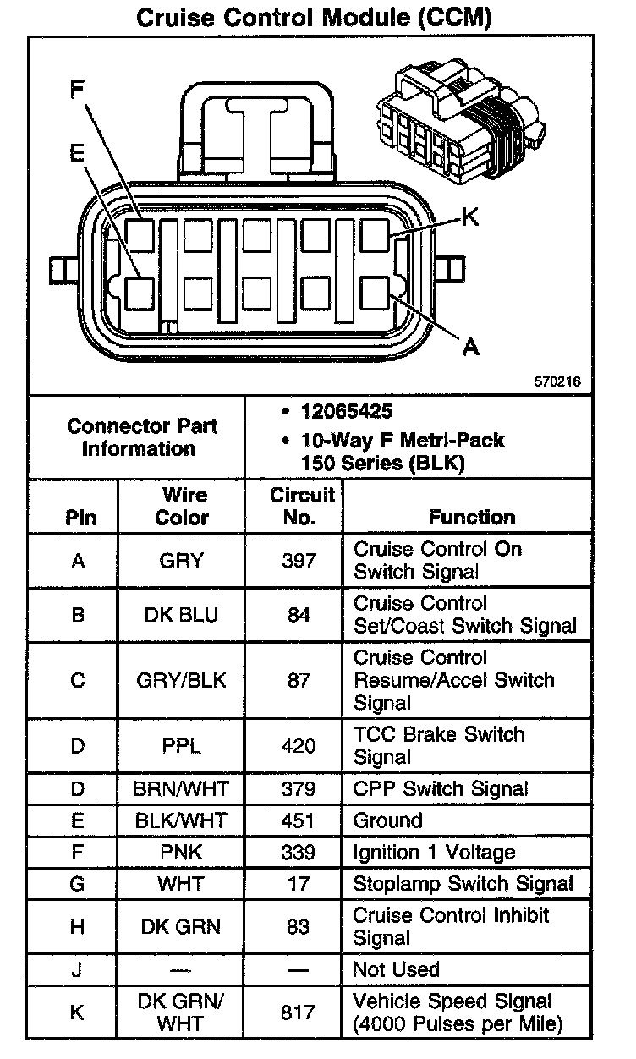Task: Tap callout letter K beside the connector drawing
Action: pyautogui.click(x=470, y=217)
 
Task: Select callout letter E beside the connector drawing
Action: pyautogui.click(x=77, y=152)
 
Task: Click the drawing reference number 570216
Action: pyautogui.click(x=557, y=381)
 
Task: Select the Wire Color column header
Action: pyautogui.click(x=182, y=506)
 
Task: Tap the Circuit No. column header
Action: pyautogui.click(x=299, y=506)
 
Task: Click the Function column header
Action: pyautogui.click(x=471, y=517)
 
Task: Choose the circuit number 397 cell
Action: pyautogui.click(x=299, y=560)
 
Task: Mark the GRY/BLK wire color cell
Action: pyautogui.click(x=182, y=680)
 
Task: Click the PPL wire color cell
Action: pyautogui.click(x=182, y=746)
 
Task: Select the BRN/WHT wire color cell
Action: pyautogui.click(x=182, y=789)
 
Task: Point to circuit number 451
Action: pyautogui.click(x=299, y=820)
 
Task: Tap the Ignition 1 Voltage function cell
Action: pyautogui.click(x=434, y=853)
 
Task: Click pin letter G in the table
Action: pyautogui.click(x=78, y=884)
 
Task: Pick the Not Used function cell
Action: pyautogui.click(x=396, y=969)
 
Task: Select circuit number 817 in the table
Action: pyautogui.click(x=299, y=1012)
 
